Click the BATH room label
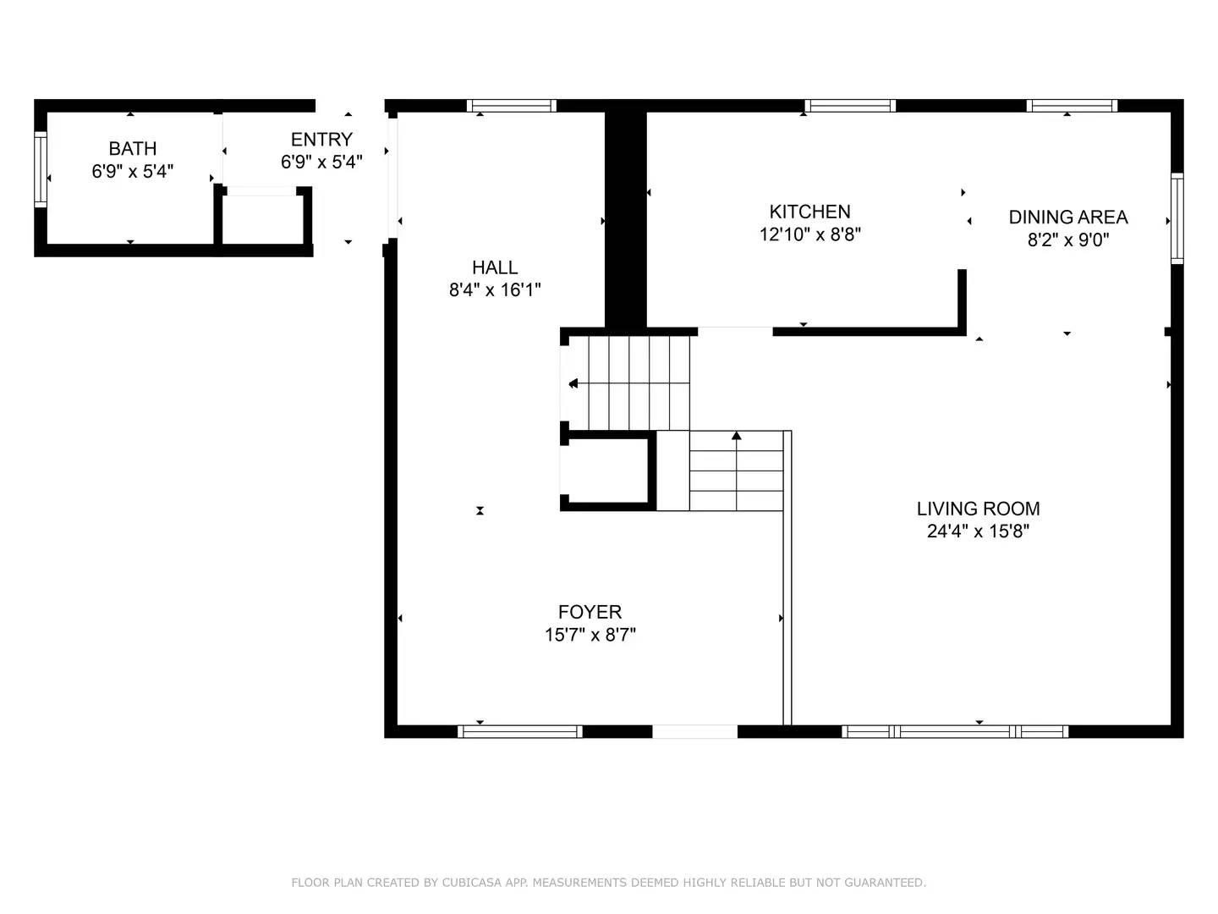click(x=133, y=148)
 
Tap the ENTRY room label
click(x=321, y=140)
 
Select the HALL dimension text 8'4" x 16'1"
click(x=495, y=289)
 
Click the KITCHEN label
click(x=809, y=212)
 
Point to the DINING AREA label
click(x=1068, y=217)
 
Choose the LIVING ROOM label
click(x=978, y=509)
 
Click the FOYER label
click(x=590, y=612)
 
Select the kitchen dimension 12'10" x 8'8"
click(x=809, y=234)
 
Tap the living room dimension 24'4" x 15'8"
click(x=978, y=531)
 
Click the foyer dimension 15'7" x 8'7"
click(x=590, y=635)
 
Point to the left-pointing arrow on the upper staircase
click(x=573, y=383)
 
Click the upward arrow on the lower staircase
click(x=737, y=436)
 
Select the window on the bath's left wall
click(x=40, y=169)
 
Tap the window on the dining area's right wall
click(x=1177, y=218)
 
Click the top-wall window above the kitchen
click(x=849, y=106)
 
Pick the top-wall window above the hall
click(x=511, y=106)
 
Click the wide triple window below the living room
click(x=955, y=731)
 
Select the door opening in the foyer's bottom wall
click(x=694, y=731)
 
